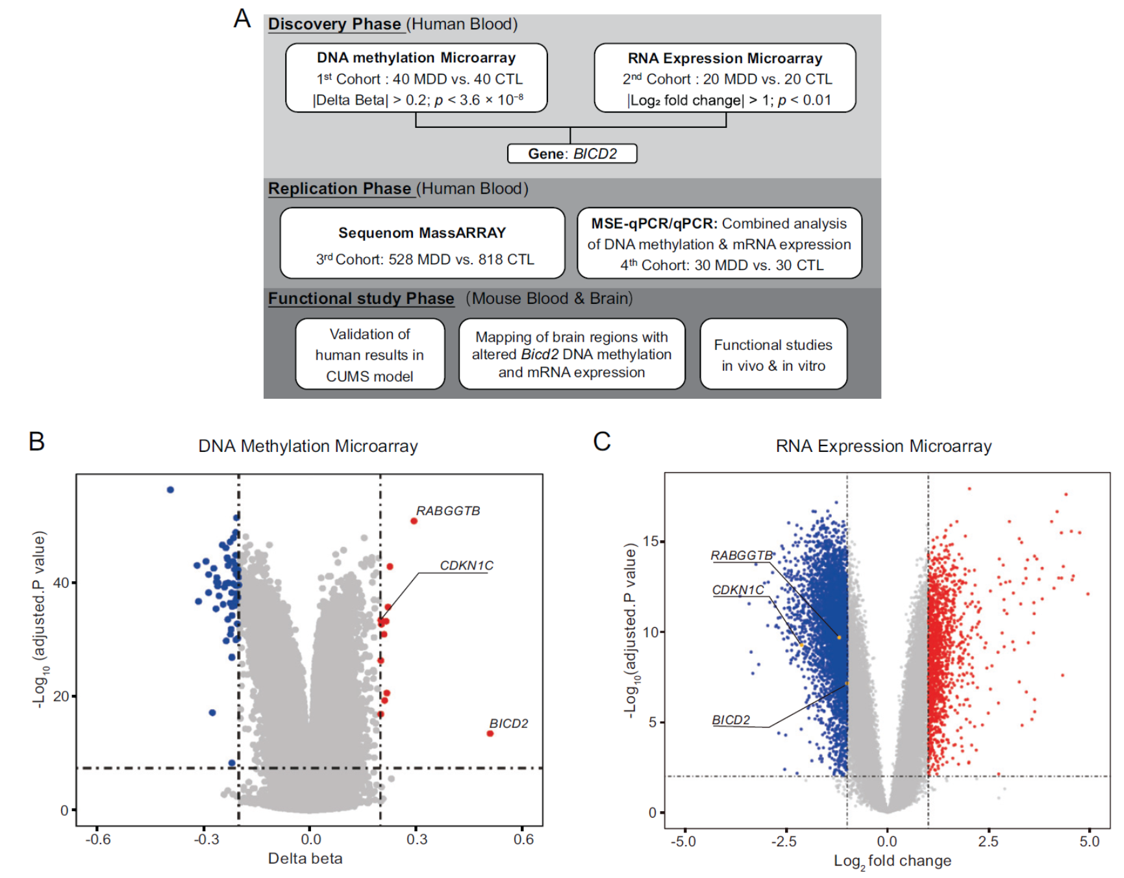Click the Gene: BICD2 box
click(571, 154)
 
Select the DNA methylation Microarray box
click(416, 78)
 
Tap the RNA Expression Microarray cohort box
click(725, 78)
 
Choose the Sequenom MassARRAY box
click(422, 243)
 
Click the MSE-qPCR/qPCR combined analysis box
click(719, 243)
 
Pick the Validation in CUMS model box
click(369, 354)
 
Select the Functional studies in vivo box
click(773, 354)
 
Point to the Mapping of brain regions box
click(571, 354)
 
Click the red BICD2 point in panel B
click(490, 734)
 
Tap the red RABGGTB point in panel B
click(414, 521)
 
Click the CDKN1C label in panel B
click(466, 566)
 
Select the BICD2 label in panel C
click(731, 720)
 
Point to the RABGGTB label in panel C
click(741, 556)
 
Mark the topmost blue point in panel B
click(170, 490)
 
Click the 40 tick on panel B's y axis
click(61, 583)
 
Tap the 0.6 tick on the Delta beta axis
click(523, 839)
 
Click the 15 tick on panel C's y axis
click(651, 542)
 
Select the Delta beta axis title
click(305, 859)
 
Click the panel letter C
click(602, 442)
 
